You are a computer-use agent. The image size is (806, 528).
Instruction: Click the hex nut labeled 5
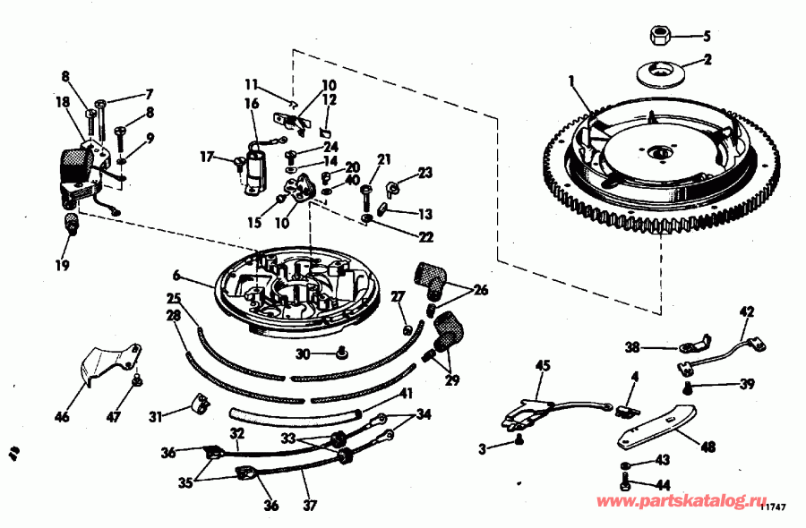[659, 36]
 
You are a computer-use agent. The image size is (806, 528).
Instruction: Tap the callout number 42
[747, 311]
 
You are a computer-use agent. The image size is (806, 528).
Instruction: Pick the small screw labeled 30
[341, 353]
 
